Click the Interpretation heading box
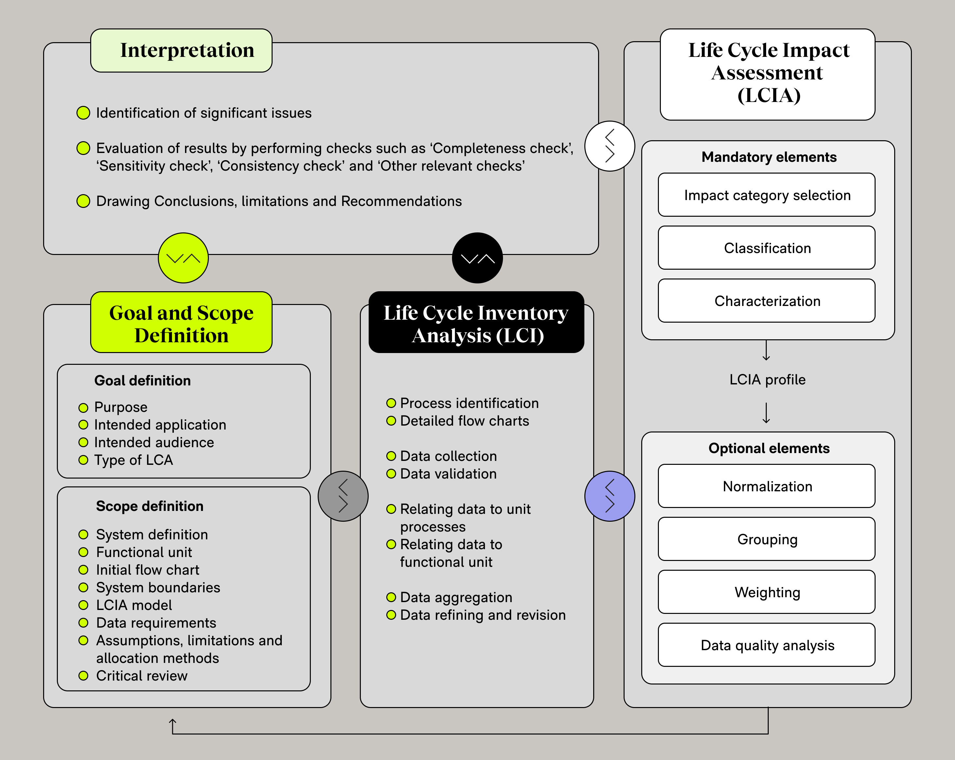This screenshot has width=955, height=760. pos(181,50)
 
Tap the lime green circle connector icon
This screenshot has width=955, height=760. pos(183,258)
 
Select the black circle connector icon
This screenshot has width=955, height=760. pos(477,258)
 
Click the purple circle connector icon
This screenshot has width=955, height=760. pos(610,496)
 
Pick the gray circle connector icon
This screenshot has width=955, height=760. pos(343,496)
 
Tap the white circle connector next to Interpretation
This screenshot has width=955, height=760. pos(610,146)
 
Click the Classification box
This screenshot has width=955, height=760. pos(766,248)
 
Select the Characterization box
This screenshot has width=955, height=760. pos(766,301)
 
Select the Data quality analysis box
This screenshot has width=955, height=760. pos(766,645)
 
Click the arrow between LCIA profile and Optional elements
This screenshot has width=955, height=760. pos(766,413)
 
